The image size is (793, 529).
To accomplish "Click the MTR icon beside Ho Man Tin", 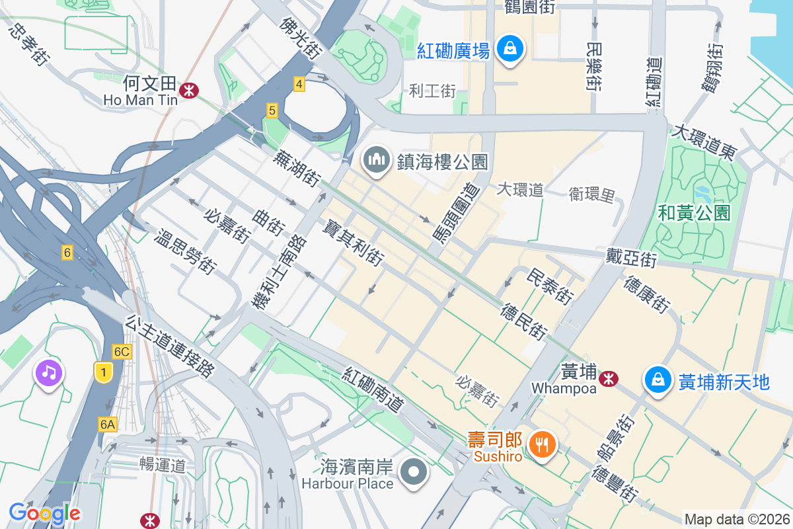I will pos(189,90).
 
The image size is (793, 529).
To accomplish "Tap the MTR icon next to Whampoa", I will pos(608,378).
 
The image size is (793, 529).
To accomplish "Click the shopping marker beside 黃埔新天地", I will pos(658,381).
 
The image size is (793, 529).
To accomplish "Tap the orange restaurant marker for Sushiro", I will pos(543,444).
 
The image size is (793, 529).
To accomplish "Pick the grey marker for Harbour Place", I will pos(414,472).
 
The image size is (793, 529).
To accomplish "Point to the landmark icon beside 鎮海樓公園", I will pos(376,160).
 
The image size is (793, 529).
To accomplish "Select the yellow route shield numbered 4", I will pos(299,84).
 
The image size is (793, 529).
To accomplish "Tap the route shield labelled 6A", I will pos(108,424).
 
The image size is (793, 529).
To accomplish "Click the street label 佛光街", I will pos(300,38).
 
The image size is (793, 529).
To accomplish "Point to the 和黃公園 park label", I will pos(694,212).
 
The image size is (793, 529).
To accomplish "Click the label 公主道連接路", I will pos(170,346).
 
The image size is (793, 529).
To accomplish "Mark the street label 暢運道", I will pos(163,464).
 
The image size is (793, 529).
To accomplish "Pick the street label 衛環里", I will pos(592,194).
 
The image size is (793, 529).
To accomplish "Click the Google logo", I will pos(44,513).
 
